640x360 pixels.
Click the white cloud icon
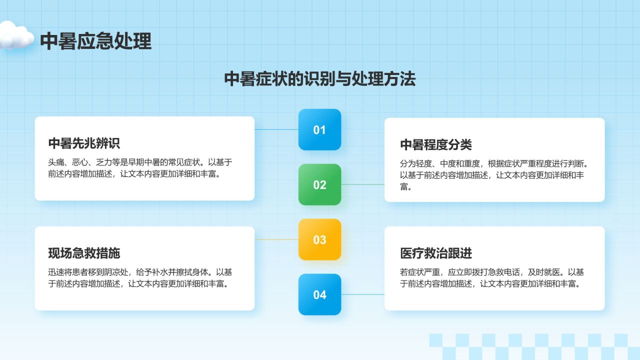pyautogui.click(x=16, y=35)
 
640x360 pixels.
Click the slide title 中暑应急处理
pyautogui.click(x=95, y=41)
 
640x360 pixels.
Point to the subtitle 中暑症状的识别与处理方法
pyautogui.click(x=319, y=79)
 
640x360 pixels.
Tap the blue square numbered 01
pyautogui.click(x=319, y=130)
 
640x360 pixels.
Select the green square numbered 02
pyautogui.click(x=319, y=185)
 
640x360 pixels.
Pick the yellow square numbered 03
pyautogui.click(x=319, y=239)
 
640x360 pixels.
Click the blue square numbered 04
pyautogui.click(x=319, y=294)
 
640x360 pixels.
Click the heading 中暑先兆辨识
pyautogui.click(x=84, y=143)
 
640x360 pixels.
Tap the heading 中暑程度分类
pyautogui.click(x=436, y=145)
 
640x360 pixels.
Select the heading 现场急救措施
pyautogui.click(x=84, y=253)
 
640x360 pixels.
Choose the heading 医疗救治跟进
pyautogui.click(x=436, y=253)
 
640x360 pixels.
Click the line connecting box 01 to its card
pyautogui.click(x=276, y=130)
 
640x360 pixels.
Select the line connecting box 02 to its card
pyautogui.click(x=362, y=184)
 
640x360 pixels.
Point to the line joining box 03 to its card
pyautogui.click(x=276, y=239)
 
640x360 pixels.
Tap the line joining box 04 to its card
pyautogui.click(x=362, y=294)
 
